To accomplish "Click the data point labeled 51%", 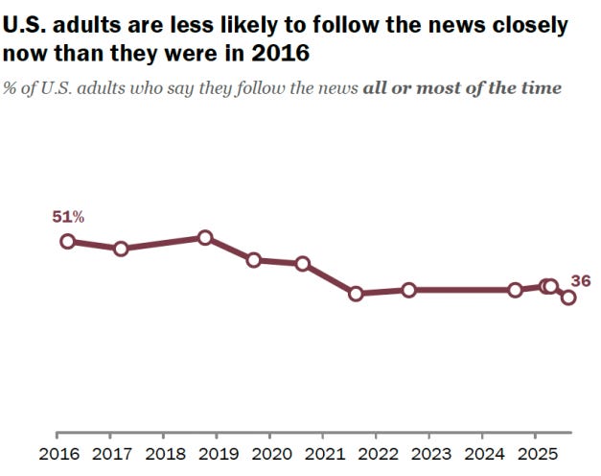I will [x=67, y=241].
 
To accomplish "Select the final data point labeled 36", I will [x=568, y=297].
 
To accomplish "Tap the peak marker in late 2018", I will [x=204, y=237].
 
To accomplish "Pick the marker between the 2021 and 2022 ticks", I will [x=356, y=294].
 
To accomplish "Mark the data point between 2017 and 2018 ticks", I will [x=121, y=249].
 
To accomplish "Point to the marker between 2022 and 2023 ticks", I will [x=408, y=290].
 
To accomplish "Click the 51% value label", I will [x=67, y=218].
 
